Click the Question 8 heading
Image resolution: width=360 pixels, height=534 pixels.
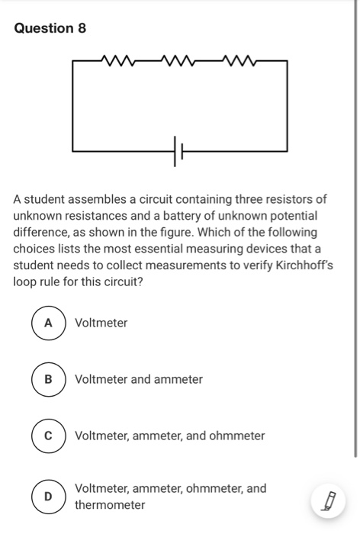pos(50,28)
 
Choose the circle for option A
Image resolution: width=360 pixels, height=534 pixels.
pos(48,323)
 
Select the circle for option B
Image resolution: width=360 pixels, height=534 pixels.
pos(48,379)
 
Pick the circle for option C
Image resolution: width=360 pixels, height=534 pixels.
pos(48,436)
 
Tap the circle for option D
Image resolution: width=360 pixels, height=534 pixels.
pos(48,497)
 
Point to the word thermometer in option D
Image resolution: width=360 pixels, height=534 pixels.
pos(110,505)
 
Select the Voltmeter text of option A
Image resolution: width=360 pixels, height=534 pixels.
pos(101,323)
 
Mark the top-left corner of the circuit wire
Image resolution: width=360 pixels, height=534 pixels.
pos(73,60)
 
